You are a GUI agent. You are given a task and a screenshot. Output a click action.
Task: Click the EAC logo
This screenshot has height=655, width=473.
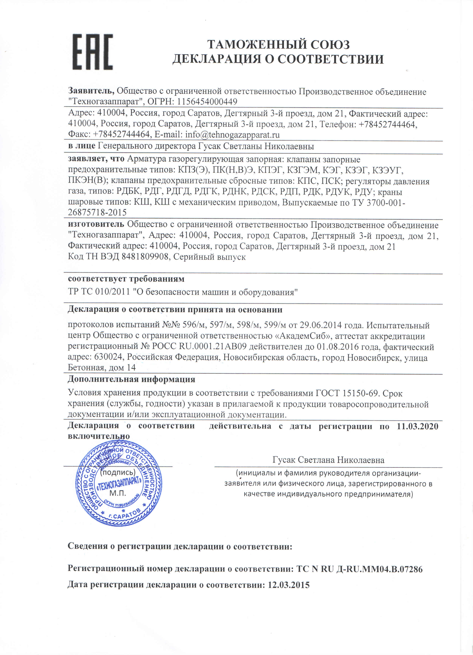pyautogui.click(x=92, y=52)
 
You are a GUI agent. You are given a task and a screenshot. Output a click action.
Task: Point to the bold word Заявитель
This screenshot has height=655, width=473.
pyautogui.click(x=91, y=91)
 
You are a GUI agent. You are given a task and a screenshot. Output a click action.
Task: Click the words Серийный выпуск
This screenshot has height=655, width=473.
pyautogui.click(x=209, y=257)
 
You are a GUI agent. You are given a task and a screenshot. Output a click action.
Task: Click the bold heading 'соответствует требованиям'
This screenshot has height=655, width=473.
pyautogui.click(x=126, y=279)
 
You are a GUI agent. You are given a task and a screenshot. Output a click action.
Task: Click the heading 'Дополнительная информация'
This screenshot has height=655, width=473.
pyautogui.click(x=131, y=379)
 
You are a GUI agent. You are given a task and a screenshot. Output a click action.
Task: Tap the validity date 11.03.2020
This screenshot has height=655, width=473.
pyautogui.click(x=417, y=426)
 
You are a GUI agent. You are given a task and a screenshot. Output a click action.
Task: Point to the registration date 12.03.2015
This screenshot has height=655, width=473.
pyautogui.click(x=289, y=585)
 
